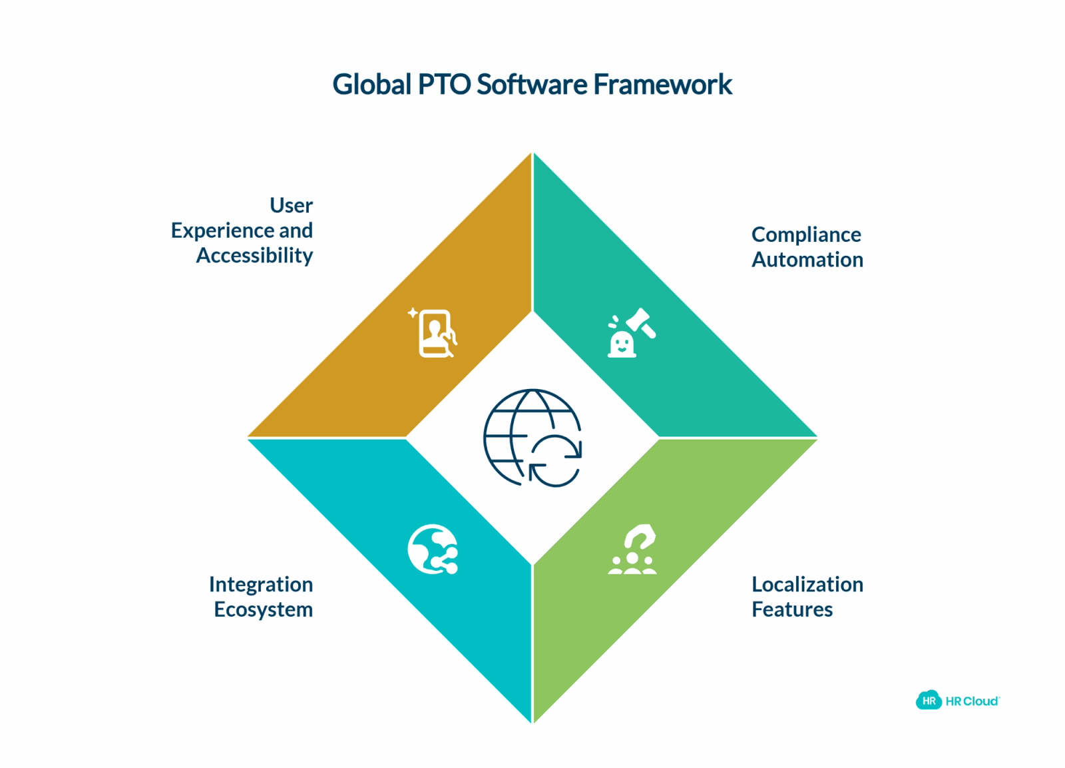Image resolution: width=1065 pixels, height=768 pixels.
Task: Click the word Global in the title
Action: coord(372,85)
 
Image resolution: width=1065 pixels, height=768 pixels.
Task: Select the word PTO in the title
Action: coord(444,85)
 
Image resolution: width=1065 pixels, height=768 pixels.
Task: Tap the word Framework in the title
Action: coord(663,85)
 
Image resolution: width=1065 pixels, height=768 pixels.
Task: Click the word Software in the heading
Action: coord(532,85)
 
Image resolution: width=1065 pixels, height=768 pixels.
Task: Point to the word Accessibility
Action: coord(255,256)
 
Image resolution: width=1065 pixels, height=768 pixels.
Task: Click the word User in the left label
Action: coord(291,206)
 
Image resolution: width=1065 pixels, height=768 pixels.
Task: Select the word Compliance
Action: coord(806,235)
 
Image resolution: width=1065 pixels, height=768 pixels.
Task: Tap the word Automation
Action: coord(807,260)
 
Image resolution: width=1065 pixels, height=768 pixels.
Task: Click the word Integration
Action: coord(261,585)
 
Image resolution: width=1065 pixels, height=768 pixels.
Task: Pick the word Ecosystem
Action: coord(264,609)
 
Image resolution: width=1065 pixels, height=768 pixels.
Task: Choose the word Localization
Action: coord(807,584)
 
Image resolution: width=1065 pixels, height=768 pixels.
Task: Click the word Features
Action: coord(792,609)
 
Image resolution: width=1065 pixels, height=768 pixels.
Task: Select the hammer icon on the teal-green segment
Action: coord(632,332)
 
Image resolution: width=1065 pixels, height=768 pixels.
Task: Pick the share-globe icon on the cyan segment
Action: coord(433,549)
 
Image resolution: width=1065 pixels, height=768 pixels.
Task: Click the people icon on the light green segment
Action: coord(632,549)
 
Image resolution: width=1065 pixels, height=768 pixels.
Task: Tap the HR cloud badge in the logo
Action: coord(929,700)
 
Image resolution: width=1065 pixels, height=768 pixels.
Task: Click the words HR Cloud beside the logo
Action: coord(972,701)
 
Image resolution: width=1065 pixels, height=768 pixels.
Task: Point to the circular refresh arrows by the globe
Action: coord(556,461)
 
